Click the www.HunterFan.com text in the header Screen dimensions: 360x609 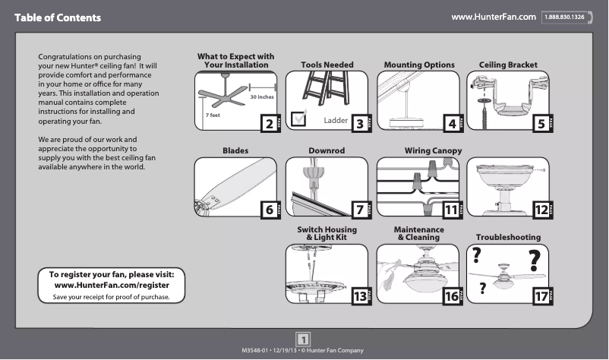[494, 17]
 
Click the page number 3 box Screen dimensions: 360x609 [359, 123]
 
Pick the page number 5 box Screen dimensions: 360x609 [541, 123]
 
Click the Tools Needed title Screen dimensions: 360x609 [327, 65]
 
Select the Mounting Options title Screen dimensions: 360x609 [418, 65]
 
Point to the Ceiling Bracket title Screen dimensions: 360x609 [508, 65]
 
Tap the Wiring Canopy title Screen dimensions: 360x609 [433, 151]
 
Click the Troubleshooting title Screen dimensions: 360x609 [508, 238]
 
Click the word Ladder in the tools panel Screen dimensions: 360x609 [335, 121]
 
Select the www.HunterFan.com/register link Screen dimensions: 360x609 [112, 285]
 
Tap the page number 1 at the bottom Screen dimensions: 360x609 [303, 339]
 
